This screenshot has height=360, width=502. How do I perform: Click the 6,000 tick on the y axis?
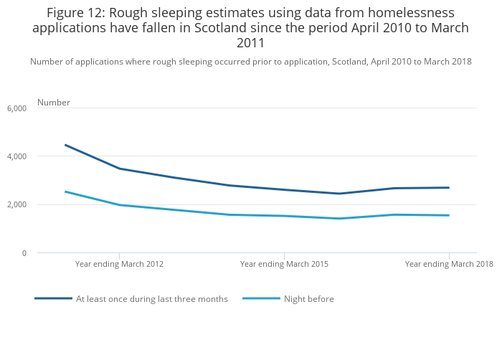pyautogui.click(x=16, y=108)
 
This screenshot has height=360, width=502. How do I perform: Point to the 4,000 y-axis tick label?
pyautogui.click(x=16, y=156)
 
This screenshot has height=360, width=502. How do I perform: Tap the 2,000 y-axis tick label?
pyautogui.click(x=16, y=205)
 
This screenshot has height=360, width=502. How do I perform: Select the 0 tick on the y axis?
pyautogui.click(x=24, y=253)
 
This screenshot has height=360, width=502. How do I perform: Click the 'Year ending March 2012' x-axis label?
pyautogui.click(x=119, y=264)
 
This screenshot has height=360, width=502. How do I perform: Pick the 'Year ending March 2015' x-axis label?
pyautogui.click(x=284, y=264)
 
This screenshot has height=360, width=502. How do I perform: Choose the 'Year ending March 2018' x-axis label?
pyautogui.click(x=449, y=264)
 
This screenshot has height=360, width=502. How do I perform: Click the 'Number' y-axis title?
pyautogui.click(x=54, y=103)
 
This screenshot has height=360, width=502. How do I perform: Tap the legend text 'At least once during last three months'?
pyautogui.click(x=152, y=299)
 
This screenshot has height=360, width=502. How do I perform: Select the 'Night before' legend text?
pyautogui.click(x=309, y=299)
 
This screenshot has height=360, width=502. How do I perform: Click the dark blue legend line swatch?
pyautogui.click(x=53, y=298)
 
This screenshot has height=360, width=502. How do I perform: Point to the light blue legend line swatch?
pyautogui.click(x=261, y=298)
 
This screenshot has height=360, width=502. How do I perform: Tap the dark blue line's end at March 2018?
pyautogui.click(x=449, y=188)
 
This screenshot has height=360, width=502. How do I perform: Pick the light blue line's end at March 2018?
pyautogui.click(x=449, y=215)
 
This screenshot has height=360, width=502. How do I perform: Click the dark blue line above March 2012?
pyautogui.click(x=119, y=169)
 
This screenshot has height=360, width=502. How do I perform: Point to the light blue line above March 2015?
pyautogui.click(x=284, y=216)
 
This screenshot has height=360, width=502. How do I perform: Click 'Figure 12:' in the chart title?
pyautogui.click(x=76, y=13)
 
